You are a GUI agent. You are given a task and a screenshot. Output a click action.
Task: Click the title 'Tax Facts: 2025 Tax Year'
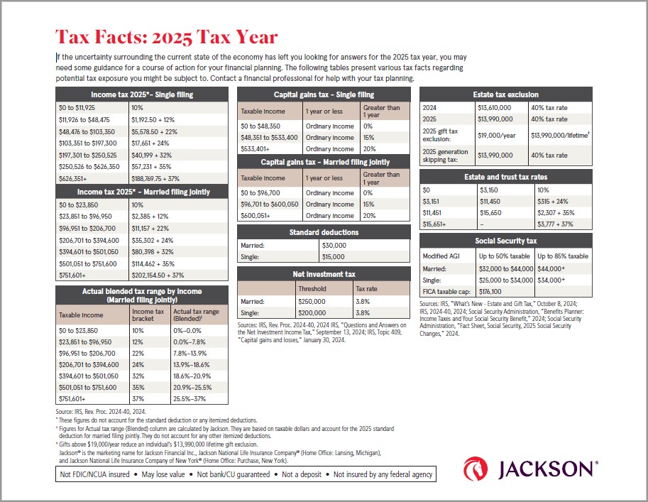pos(166,37)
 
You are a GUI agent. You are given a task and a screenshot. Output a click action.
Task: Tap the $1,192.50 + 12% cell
pos(153,121)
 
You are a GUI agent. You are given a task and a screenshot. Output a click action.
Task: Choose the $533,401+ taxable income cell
pos(259,149)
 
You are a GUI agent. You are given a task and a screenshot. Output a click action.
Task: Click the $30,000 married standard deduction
pos(333,245)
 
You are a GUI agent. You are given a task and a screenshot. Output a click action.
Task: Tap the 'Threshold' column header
pos(314,289)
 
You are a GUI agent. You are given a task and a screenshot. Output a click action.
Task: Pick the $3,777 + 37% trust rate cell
pos(556,224)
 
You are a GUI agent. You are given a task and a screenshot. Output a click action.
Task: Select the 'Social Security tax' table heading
pos(505,241)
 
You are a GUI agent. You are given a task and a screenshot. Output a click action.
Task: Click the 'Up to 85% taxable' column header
pos(563,256)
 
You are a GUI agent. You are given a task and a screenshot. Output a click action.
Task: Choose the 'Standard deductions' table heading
pos(323,232)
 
